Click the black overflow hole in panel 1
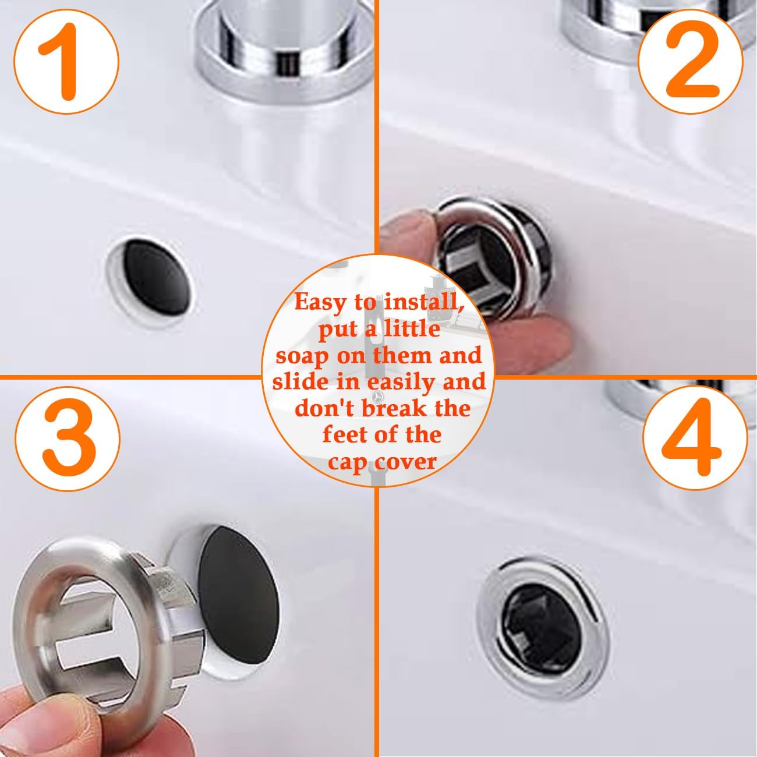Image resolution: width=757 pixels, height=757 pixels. tap(159, 278)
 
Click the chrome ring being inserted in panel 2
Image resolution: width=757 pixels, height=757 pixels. tap(496, 256)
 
